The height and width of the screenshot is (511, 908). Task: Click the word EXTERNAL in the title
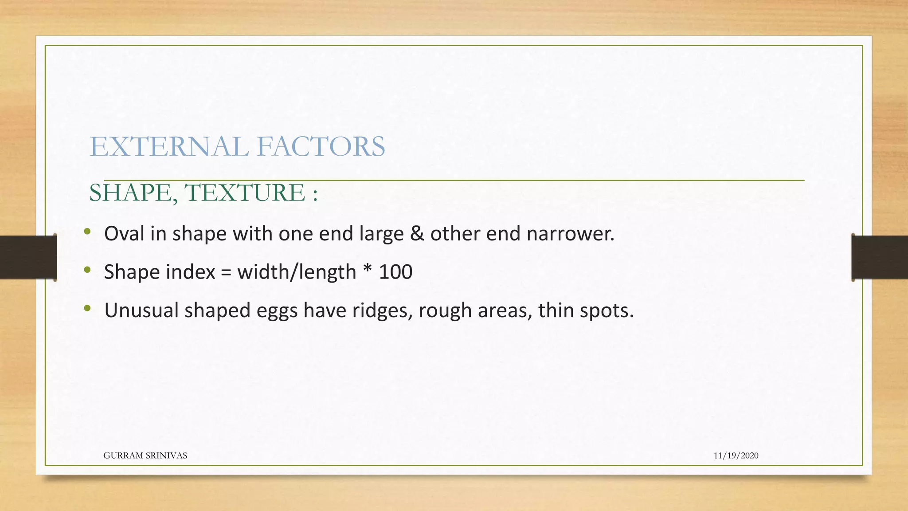pos(170,147)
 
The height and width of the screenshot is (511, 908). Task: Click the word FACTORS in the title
pos(321,147)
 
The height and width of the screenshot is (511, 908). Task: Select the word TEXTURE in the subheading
pos(245,193)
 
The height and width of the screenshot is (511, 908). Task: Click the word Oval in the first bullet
pos(124,234)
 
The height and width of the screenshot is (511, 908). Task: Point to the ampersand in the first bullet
pos(417,234)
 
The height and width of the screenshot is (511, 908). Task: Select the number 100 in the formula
pos(395,272)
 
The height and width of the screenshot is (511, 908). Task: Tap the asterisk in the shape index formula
pos(368,270)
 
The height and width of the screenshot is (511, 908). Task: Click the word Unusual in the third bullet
pos(141,311)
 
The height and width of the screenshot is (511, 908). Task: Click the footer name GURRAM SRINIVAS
pos(145,456)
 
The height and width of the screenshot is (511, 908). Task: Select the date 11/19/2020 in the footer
pos(736,456)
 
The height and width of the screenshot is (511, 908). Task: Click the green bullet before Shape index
pos(87,270)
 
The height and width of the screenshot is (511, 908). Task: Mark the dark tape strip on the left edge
pos(27,257)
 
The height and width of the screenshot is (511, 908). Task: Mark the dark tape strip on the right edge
pos(880,257)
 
